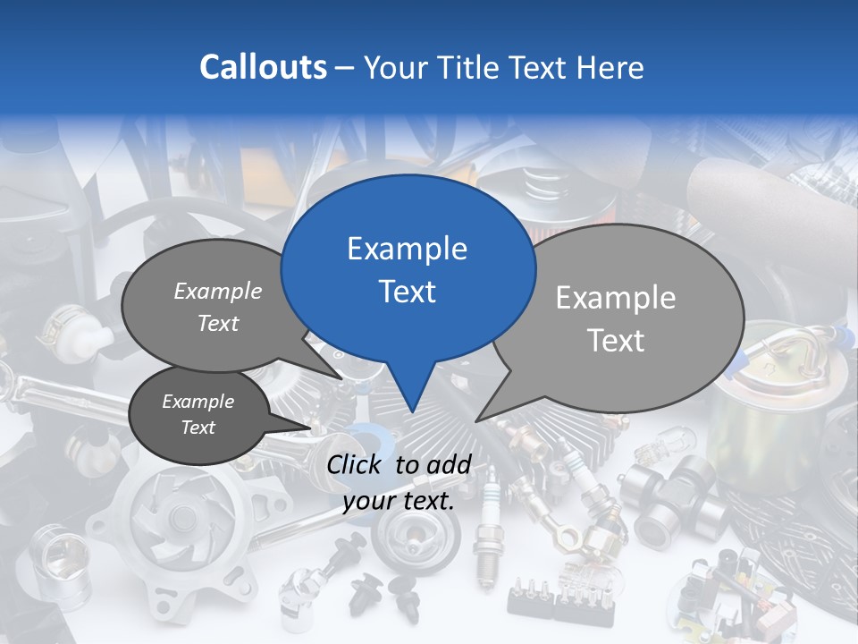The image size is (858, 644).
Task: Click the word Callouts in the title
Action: click(263, 67)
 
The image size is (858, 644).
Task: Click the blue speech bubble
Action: click(408, 268)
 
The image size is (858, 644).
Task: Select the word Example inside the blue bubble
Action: click(407, 249)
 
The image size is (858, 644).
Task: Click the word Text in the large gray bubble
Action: click(616, 341)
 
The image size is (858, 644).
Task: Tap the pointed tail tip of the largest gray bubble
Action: click(477, 420)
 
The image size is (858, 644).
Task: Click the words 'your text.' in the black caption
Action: click(399, 501)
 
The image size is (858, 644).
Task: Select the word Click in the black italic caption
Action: click(356, 465)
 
